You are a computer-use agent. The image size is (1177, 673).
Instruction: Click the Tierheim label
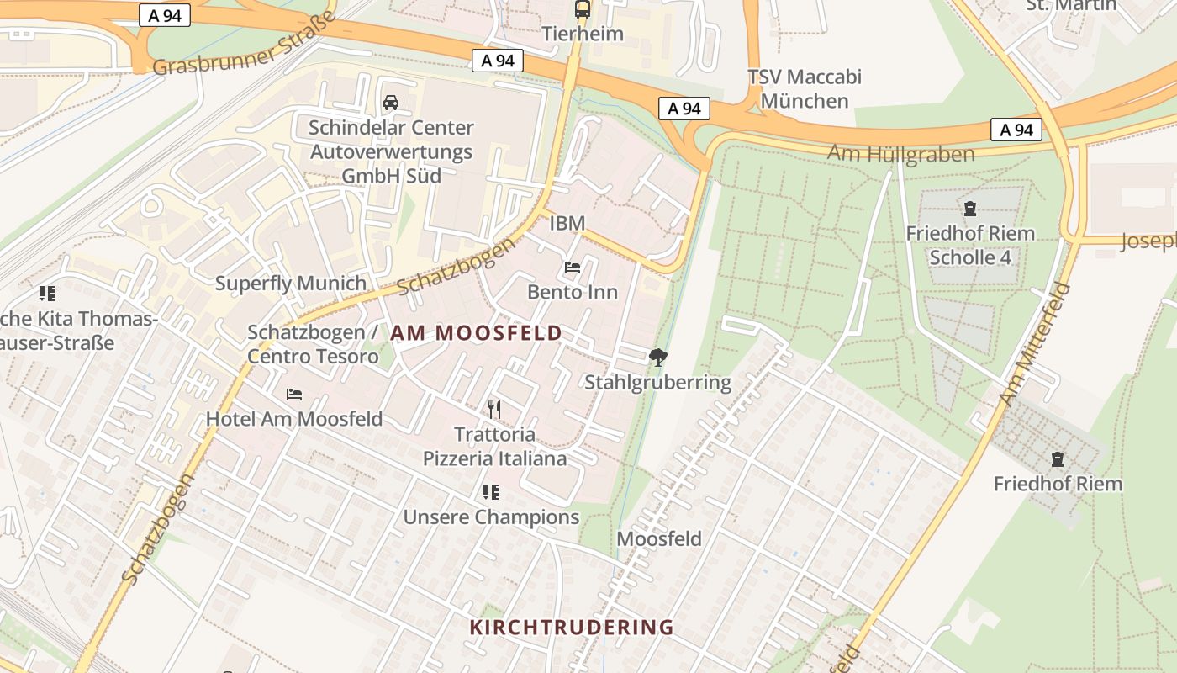point(583,34)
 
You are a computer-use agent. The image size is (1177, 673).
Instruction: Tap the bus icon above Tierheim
point(583,9)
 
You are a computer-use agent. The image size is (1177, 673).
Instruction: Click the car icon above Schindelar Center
point(391,103)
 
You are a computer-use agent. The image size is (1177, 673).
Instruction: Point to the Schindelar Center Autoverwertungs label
point(391,151)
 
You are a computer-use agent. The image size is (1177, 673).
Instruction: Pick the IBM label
point(567,223)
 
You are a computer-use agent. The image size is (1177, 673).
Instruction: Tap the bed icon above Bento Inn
point(573,268)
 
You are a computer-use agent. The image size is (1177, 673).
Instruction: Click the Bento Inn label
point(573,292)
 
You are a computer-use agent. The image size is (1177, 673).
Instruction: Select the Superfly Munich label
point(291,284)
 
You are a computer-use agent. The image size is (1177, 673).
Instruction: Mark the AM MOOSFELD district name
point(476,333)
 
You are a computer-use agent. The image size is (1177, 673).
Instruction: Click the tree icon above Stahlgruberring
point(658,358)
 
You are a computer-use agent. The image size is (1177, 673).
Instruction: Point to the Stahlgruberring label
point(658,383)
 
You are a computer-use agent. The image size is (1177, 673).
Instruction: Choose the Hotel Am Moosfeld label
point(294,419)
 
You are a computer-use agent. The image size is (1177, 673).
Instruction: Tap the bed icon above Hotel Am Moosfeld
point(294,395)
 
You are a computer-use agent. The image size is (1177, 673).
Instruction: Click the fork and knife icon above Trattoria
point(494,410)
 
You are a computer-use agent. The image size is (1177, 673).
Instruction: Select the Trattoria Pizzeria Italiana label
point(494,447)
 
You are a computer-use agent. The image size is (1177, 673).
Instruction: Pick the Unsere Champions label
point(491,517)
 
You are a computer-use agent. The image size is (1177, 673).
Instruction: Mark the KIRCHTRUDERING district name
point(572,628)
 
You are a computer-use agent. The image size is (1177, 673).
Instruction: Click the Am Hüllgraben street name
point(901,154)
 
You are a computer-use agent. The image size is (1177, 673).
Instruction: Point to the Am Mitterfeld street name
point(1035,344)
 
